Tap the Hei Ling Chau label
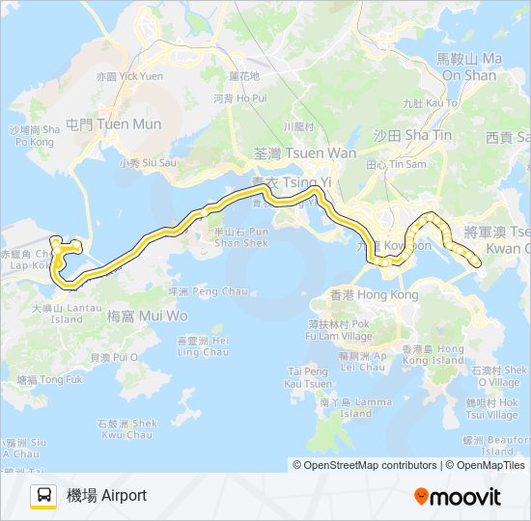coord(203,346)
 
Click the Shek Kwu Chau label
coord(130,428)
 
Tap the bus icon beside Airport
coord(43,496)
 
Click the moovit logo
coord(458,497)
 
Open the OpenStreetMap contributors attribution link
coord(367,465)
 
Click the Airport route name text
coord(106,496)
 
